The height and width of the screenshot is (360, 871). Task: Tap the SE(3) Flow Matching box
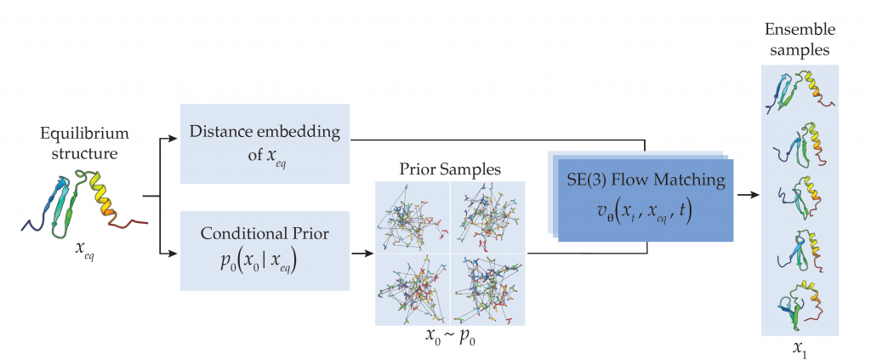tap(646, 199)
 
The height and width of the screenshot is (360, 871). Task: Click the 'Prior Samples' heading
tap(449, 169)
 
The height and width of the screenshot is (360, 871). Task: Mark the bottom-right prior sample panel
tap(487, 289)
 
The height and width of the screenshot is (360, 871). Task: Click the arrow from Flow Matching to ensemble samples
tap(749, 197)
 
